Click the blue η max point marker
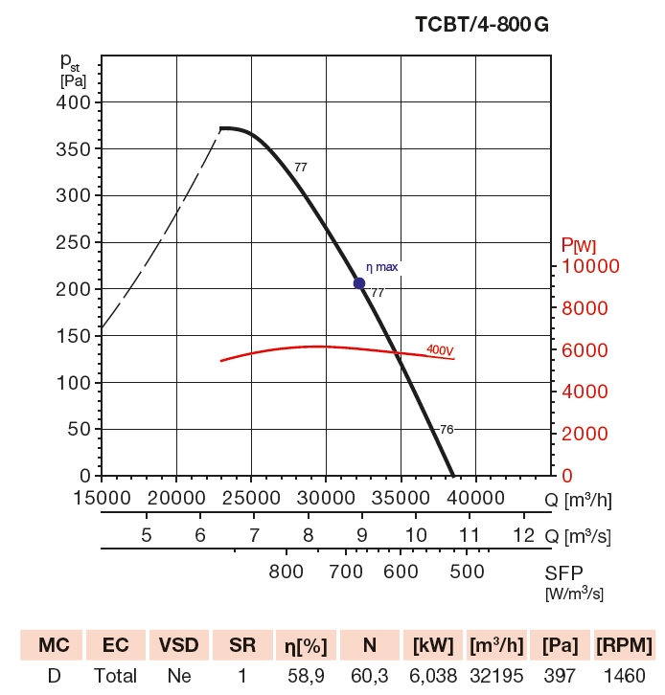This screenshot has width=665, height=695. (x=359, y=282)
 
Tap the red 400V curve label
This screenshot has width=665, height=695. (x=440, y=350)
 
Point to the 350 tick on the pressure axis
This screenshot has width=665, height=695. (x=76, y=148)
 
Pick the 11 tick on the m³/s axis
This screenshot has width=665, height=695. (x=470, y=534)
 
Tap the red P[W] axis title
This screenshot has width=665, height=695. (x=578, y=246)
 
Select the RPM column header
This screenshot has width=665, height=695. (x=623, y=643)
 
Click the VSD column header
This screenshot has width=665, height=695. (x=178, y=643)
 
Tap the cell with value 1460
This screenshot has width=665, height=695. (x=623, y=676)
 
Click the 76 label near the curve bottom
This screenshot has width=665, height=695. (x=445, y=430)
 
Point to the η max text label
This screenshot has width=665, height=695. (x=381, y=267)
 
